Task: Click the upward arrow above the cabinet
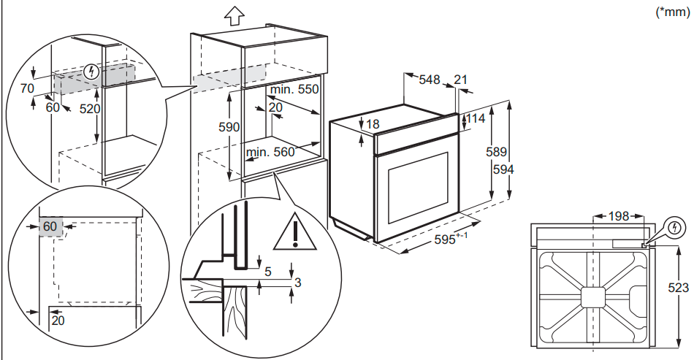tap(232, 15)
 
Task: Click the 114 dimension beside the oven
tap(476, 119)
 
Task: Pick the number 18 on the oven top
tap(373, 124)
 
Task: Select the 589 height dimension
tap(497, 153)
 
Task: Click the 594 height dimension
tap(503, 169)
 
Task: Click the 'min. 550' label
tap(294, 89)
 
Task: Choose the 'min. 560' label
tap(269, 152)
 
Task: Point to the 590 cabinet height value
tap(229, 127)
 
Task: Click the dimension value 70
tap(27, 89)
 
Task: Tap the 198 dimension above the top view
tap(618, 215)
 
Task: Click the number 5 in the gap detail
tap(267, 272)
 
